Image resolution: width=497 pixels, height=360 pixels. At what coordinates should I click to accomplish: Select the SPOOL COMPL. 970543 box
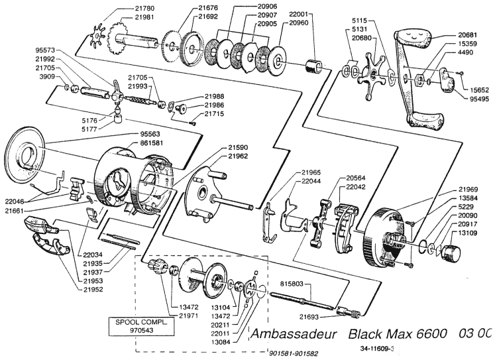(x=139, y=326)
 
